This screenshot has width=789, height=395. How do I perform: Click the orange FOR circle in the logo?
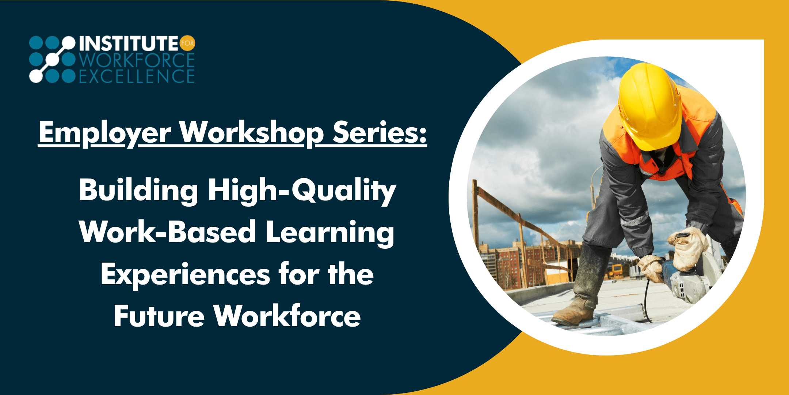point(188,43)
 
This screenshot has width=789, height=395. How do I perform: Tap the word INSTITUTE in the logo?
point(129,44)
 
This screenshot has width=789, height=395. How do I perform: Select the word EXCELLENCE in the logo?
point(137,76)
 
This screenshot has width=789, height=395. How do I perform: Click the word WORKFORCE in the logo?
point(137,60)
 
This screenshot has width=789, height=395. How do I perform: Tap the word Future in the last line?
point(159,316)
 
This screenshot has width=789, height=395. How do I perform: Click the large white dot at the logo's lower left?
point(36,76)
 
